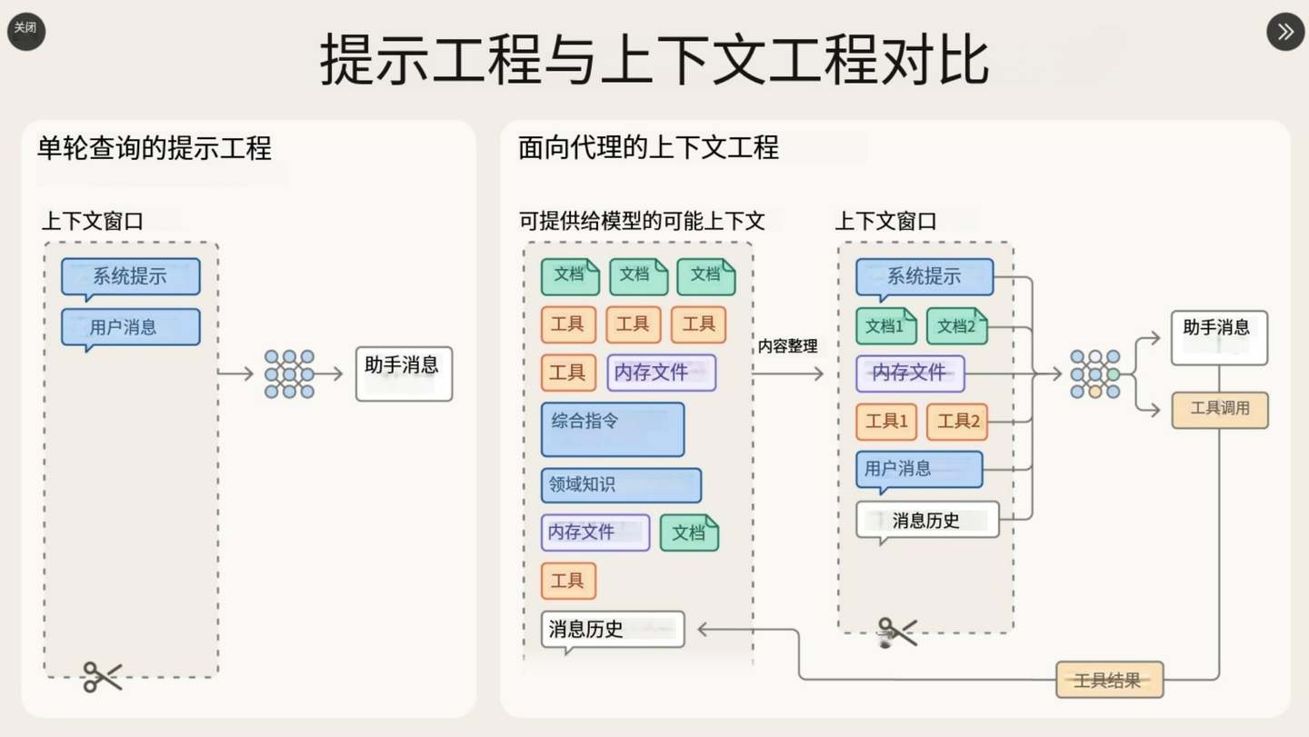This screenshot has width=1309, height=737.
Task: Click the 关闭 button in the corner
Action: point(25,31)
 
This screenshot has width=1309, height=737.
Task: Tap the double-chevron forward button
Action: point(1284,32)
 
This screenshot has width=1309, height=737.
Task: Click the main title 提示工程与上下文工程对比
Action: point(654,61)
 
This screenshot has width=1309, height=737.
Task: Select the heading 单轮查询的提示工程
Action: point(155,147)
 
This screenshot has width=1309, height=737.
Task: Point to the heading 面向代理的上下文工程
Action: point(648,147)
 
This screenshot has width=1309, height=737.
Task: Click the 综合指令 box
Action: point(612,429)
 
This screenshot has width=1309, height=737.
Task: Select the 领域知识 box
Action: point(621,485)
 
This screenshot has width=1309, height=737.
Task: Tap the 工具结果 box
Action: point(1109,680)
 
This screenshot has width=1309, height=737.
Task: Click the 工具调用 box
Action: point(1219,410)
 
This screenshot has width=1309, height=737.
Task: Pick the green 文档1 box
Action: point(885,326)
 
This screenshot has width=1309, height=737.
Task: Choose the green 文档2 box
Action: point(956,326)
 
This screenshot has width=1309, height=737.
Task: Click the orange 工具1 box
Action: point(885,422)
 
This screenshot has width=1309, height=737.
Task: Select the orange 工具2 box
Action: point(956,422)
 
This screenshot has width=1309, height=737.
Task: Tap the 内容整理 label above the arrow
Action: point(788,346)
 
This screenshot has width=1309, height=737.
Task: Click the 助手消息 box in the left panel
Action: point(403,373)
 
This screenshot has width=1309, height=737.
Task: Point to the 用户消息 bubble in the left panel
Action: point(130,327)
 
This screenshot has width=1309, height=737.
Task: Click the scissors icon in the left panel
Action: point(102,676)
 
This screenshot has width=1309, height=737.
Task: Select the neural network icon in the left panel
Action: point(289,373)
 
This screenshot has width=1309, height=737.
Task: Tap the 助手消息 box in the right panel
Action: point(1218,336)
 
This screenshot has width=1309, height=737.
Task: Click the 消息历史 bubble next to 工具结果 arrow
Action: point(612,629)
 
